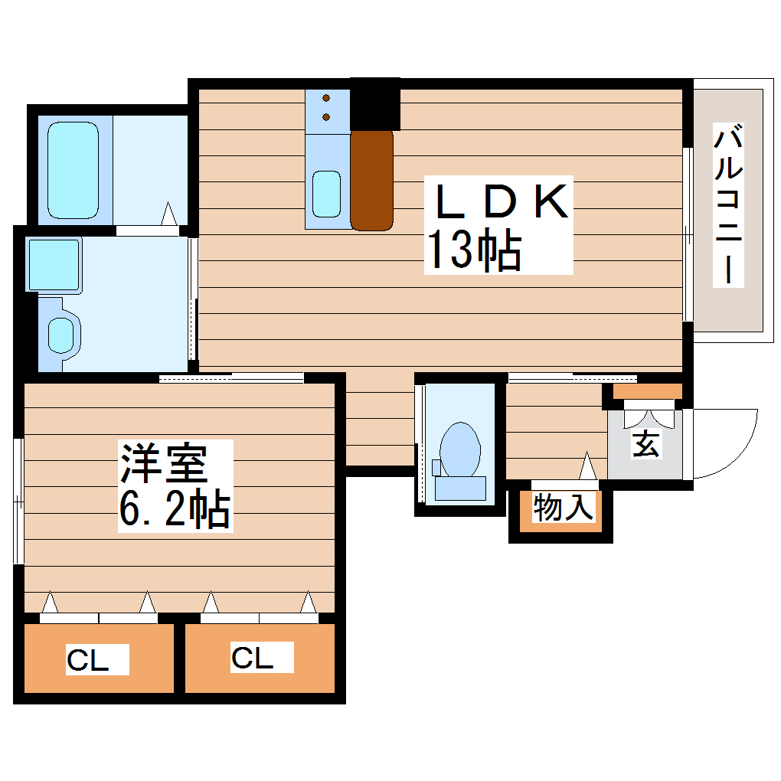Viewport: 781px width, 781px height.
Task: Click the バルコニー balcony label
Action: (728, 204)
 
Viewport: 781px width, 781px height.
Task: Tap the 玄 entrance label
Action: (645, 443)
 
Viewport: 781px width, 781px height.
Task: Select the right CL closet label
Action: (253, 658)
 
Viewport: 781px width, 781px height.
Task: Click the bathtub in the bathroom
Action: (73, 170)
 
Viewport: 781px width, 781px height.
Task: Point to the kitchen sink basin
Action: (327, 194)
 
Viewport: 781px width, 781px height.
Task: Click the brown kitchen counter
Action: (371, 180)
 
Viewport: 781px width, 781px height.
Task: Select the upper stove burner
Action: (327, 99)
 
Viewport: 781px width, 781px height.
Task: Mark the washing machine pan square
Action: (54, 265)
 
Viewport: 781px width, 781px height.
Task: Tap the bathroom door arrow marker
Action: (169, 214)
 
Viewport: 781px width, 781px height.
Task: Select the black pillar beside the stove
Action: (375, 103)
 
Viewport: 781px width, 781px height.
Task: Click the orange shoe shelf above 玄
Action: (648, 391)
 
